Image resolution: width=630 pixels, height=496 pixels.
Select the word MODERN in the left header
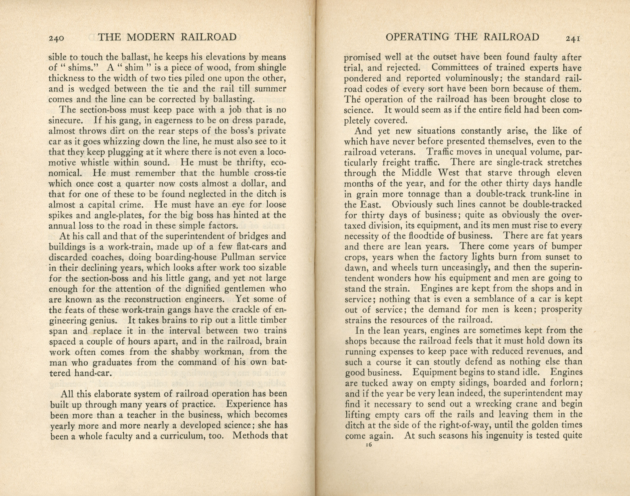(151, 37)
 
